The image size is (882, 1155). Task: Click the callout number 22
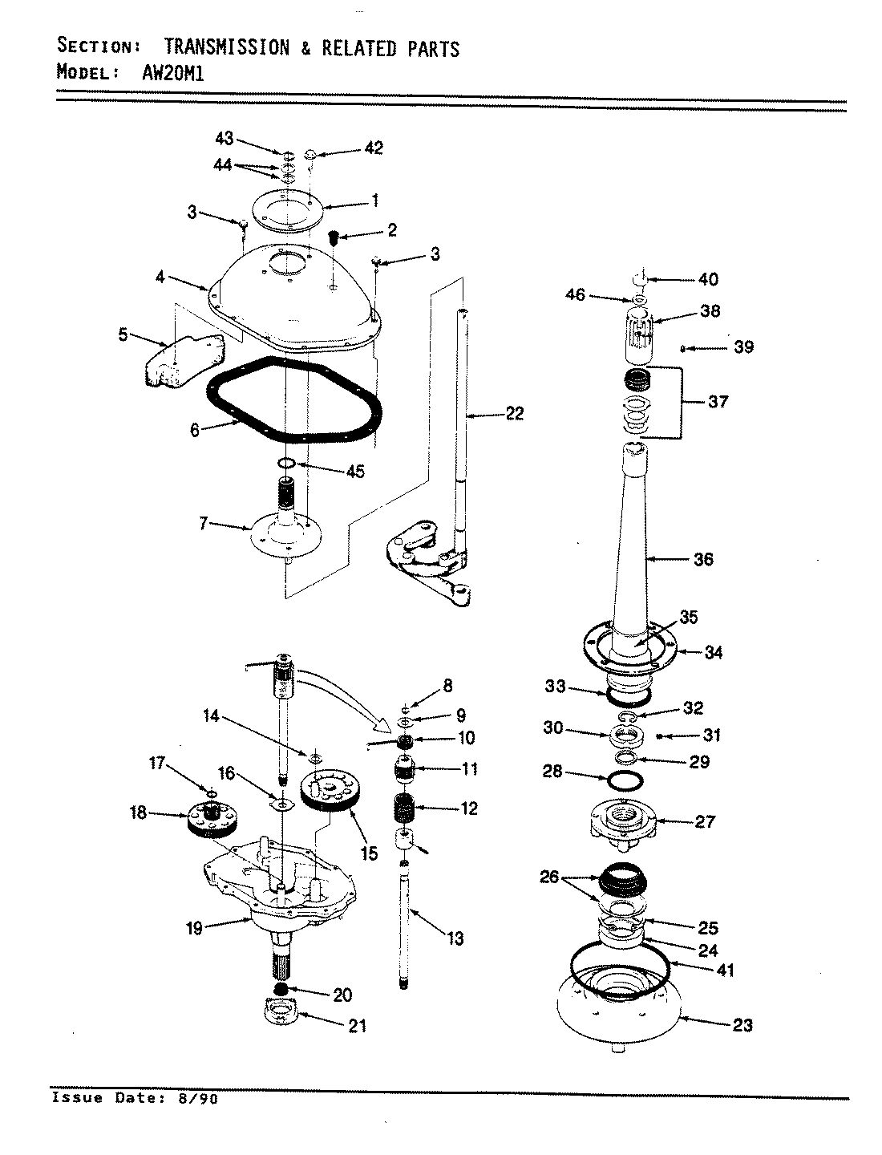[x=514, y=414]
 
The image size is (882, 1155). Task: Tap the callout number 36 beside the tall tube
[x=702, y=559]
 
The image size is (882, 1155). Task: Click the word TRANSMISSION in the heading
[x=226, y=48]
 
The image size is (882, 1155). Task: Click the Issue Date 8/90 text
[x=134, y=1098]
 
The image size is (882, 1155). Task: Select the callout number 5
[x=123, y=334]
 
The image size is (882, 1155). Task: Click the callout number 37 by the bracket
[x=718, y=400]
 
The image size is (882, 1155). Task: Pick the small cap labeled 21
[x=281, y=1012]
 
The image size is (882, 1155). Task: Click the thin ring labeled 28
[x=626, y=780]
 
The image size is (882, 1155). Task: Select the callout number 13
[x=455, y=938]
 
